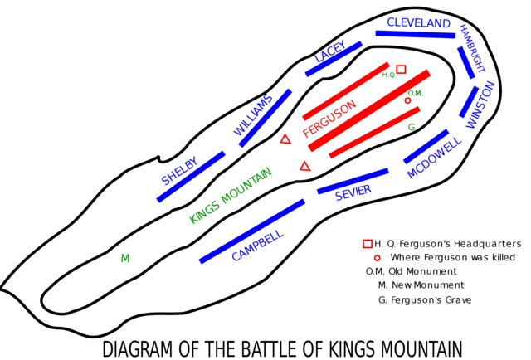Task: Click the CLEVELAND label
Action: tap(417, 22)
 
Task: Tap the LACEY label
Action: tap(330, 51)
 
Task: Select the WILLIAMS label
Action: tap(253, 114)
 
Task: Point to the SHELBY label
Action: tap(179, 169)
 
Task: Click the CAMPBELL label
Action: tap(257, 246)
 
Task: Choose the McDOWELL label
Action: tap(434, 158)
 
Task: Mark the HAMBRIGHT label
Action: tap(472, 47)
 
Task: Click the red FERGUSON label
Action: tap(329, 119)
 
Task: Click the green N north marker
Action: tap(125, 258)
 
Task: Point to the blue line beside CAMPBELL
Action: tap(251, 231)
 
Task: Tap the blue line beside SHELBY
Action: tap(190, 177)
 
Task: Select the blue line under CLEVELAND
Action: tap(416, 35)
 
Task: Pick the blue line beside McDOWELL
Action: tap(426, 146)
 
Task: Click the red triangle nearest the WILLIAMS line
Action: tap(285, 139)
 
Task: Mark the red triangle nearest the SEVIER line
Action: tap(305, 166)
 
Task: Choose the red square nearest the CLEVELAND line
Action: tap(401, 69)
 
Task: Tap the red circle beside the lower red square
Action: tap(378, 258)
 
